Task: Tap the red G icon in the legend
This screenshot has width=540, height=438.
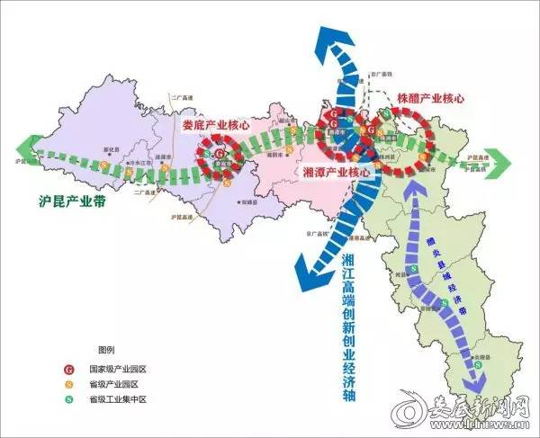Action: pos(68,370)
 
